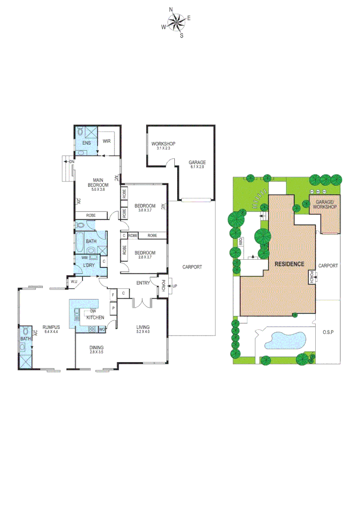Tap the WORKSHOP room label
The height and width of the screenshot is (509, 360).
(163, 143)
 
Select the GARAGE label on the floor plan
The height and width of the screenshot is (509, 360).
(198, 163)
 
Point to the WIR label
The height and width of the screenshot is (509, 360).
(106, 140)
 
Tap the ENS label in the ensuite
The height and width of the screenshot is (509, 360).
(87, 142)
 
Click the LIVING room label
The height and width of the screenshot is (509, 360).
(142, 327)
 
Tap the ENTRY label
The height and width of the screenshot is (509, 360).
(143, 283)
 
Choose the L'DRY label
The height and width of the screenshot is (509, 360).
(89, 266)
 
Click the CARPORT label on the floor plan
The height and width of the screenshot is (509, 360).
(192, 267)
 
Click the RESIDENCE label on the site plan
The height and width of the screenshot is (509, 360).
(289, 264)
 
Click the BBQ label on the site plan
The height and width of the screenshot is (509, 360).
(240, 242)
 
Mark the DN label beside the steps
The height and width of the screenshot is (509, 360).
(72, 162)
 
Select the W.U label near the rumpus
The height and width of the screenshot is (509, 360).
(74, 282)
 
